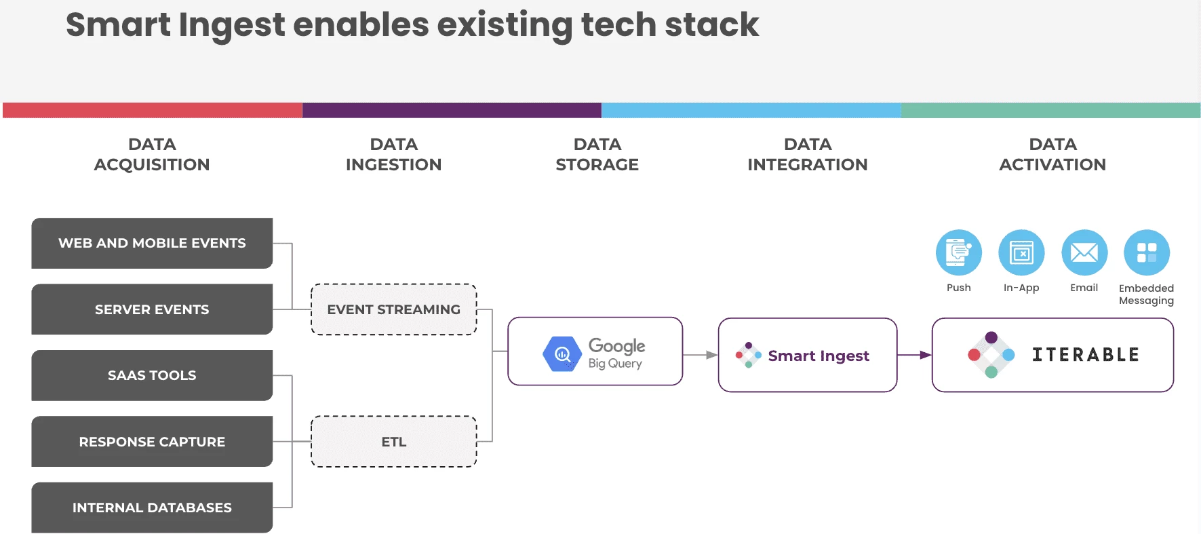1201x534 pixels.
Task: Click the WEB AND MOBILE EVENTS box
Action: pyautogui.click(x=152, y=243)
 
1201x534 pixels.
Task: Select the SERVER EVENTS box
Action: pyautogui.click(x=152, y=309)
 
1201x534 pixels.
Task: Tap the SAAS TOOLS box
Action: pyautogui.click(x=152, y=375)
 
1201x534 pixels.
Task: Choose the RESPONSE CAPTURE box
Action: pyautogui.click(x=152, y=442)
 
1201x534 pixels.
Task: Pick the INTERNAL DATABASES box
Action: pyautogui.click(x=152, y=508)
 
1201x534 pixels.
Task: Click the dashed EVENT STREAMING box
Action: pyautogui.click(x=393, y=309)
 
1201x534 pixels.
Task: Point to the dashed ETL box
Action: pyautogui.click(x=393, y=442)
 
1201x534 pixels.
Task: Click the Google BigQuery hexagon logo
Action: pyautogui.click(x=562, y=354)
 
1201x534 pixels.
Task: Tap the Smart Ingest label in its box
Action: pyautogui.click(x=818, y=356)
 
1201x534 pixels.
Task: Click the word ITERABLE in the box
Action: pyautogui.click(x=1085, y=355)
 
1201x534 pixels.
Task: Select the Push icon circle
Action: pyautogui.click(x=958, y=253)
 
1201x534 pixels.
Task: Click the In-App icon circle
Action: pyautogui.click(x=1021, y=253)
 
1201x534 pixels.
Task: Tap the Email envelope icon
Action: pyautogui.click(x=1084, y=253)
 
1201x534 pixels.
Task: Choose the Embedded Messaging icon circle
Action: pyautogui.click(x=1146, y=253)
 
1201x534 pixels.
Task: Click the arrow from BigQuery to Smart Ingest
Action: pyautogui.click(x=701, y=355)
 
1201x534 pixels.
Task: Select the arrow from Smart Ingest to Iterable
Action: pyautogui.click(x=914, y=355)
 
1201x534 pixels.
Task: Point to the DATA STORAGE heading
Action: pyautogui.click(x=597, y=155)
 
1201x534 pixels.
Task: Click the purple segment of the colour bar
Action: pyautogui.click(x=452, y=111)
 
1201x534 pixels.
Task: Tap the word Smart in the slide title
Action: pyautogui.click(x=118, y=25)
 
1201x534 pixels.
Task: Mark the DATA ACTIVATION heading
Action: pyautogui.click(x=1052, y=155)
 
